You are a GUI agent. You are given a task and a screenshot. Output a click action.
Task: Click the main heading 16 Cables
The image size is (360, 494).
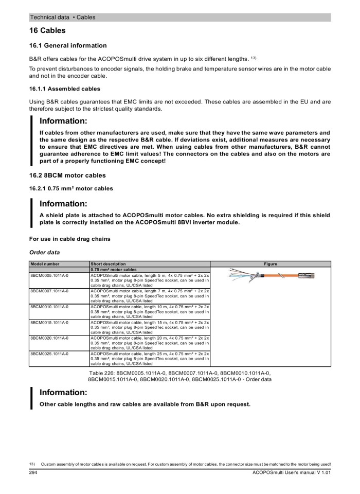[x=47, y=31]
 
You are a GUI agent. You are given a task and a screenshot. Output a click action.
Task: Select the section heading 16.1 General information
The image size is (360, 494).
[x=68, y=46]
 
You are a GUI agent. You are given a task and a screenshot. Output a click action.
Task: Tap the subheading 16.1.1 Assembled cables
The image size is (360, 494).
[x=65, y=89]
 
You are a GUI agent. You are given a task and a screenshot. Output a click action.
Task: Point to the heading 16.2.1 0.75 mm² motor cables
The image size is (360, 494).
[x=71, y=188]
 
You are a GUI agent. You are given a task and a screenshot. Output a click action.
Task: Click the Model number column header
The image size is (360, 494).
[x=44, y=264]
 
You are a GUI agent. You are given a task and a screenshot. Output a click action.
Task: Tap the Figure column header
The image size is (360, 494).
[x=271, y=264]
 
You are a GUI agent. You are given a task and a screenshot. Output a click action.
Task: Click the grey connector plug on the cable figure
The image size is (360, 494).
[x=307, y=276]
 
